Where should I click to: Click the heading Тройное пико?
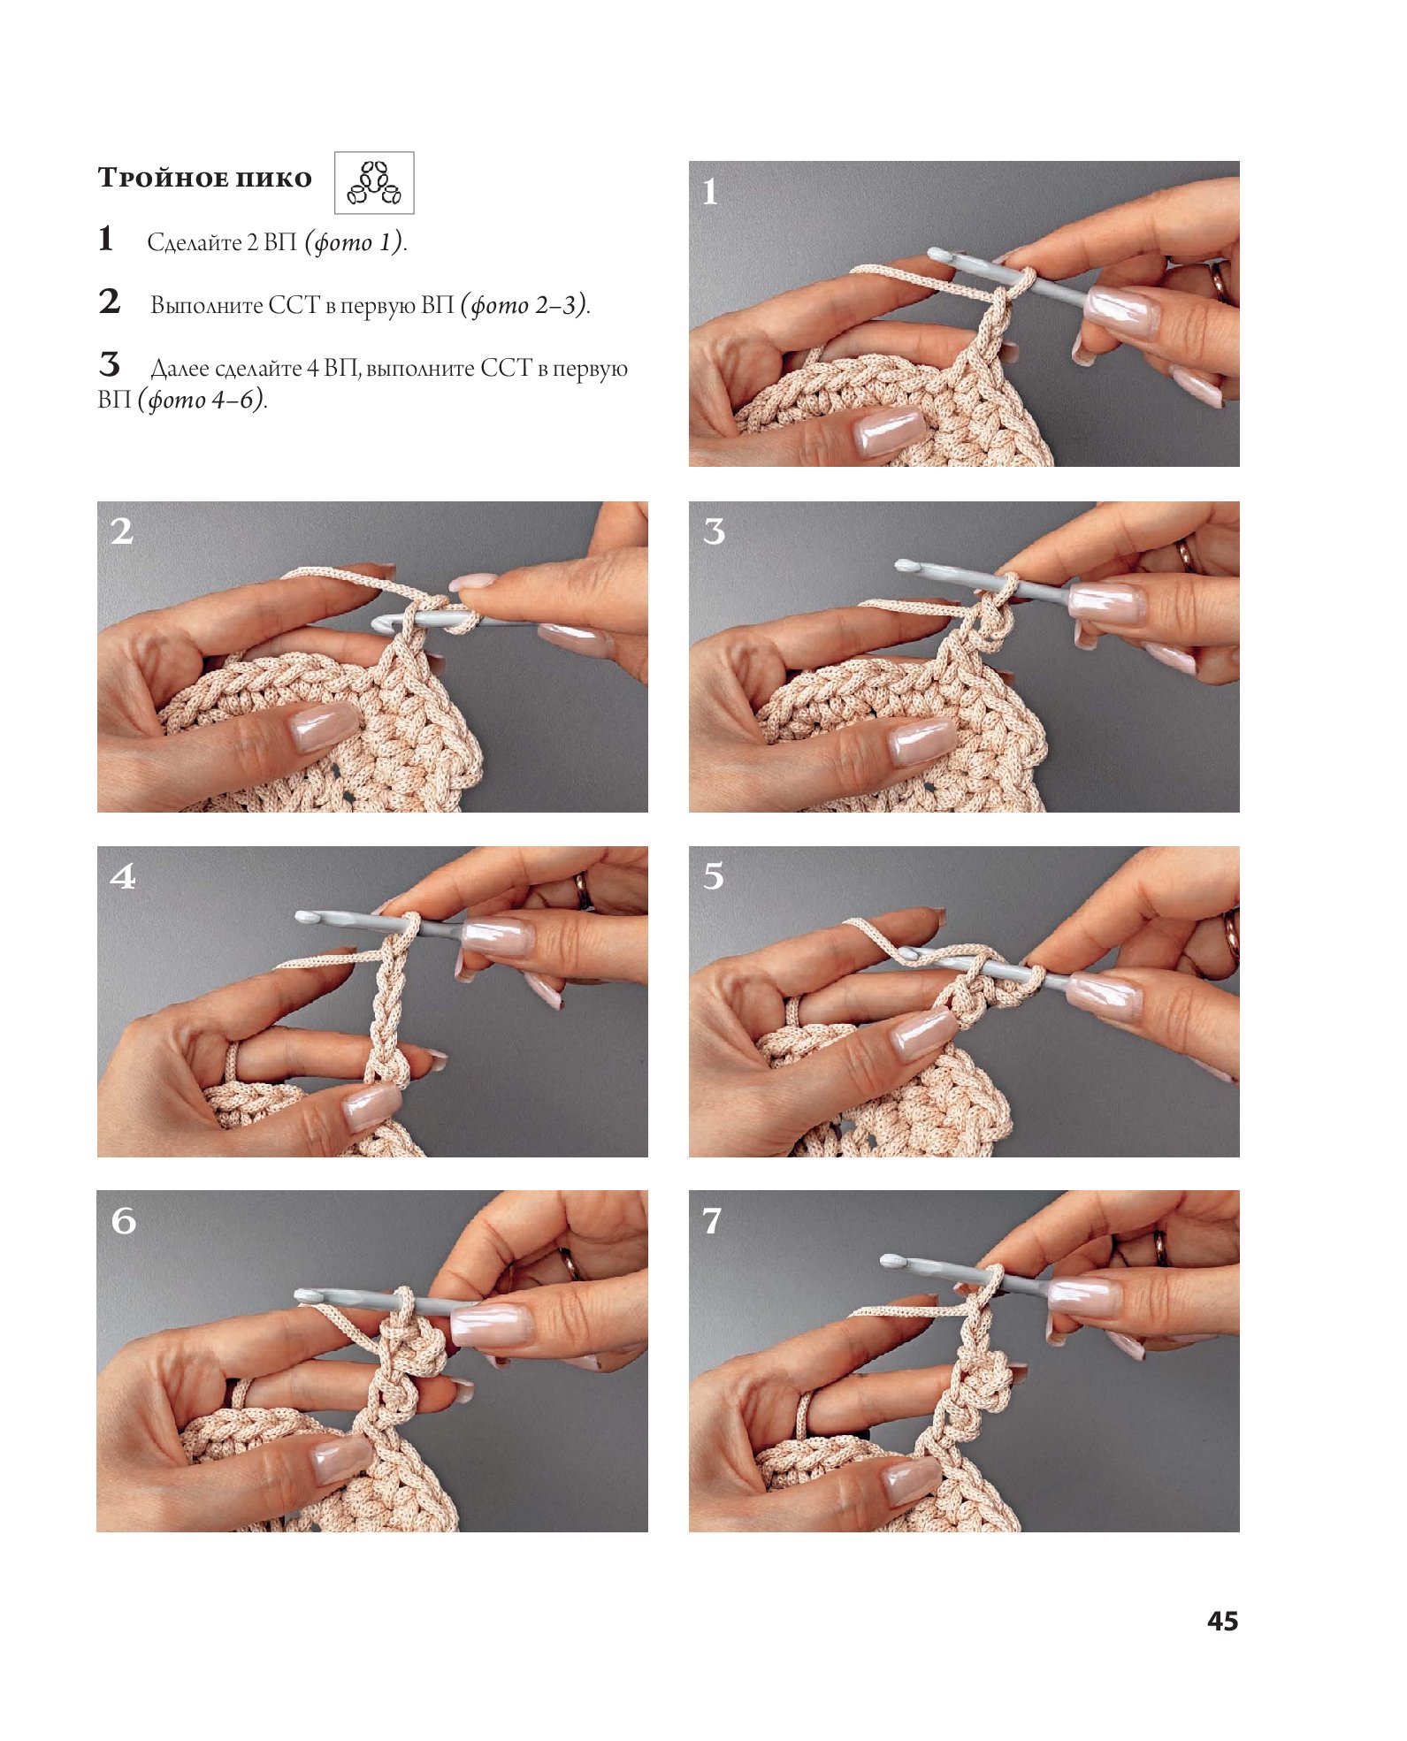(204, 178)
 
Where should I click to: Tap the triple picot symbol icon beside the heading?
(374, 183)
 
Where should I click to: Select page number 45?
(1222, 1621)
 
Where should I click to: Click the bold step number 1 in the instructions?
(106, 239)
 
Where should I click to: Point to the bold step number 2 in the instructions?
(110, 302)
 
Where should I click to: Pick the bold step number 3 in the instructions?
(109, 364)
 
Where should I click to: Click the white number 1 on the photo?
(709, 192)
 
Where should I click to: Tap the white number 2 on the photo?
(122, 531)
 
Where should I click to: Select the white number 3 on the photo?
(714, 531)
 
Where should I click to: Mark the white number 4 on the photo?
(123, 876)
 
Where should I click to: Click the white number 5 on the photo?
(714, 876)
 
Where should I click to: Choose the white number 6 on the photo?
(124, 1221)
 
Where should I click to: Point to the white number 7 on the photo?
(712, 1221)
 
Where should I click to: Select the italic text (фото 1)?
(354, 242)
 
